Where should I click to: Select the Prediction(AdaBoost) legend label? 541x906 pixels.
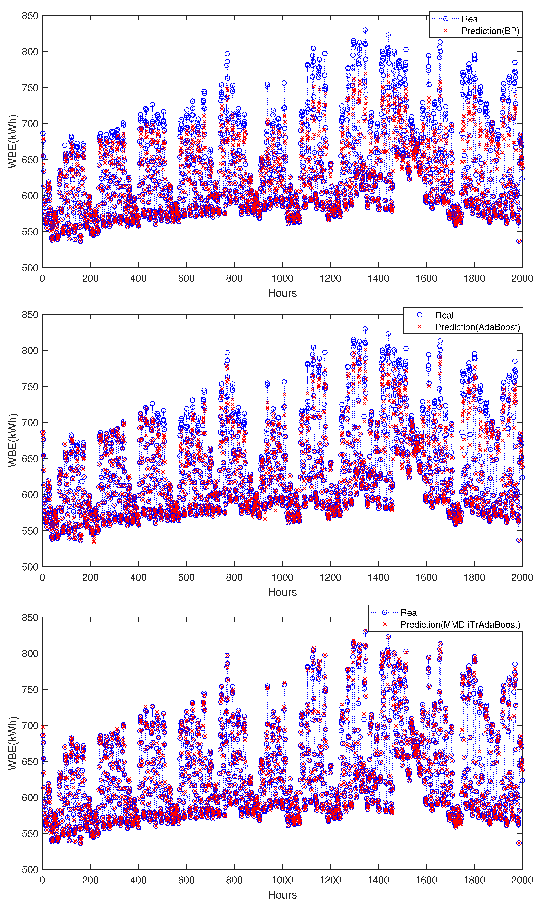pyautogui.click(x=478, y=327)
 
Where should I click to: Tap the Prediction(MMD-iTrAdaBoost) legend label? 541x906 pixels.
pyautogui.click(x=460, y=624)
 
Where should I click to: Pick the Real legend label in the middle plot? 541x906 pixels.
pyautogui.click(x=444, y=315)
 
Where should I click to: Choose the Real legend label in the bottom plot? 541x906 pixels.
pyautogui.click(x=409, y=612)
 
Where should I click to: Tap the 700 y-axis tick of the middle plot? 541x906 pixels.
pyautogui.click(x=30, y=423)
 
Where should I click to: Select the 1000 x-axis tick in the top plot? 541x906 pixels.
pyautogui.click(x=282, y=278)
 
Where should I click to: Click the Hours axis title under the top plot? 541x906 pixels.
pyautogui.click(x=282, y=293)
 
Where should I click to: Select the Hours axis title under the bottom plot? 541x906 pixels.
pyautogui.click(x=282, y=895)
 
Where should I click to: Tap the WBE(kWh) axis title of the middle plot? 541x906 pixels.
pyautogui.click(x=13, y=440)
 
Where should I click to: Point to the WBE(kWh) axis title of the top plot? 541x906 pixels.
pyautogui.click(x=13, y=142)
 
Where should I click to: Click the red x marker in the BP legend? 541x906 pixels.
pyautogui.click(x=446, y=31)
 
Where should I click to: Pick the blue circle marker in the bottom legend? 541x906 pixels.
pyautogui.click(x=385, y=612)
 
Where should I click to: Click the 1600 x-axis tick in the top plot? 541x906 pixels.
pyautogui.click(x=426, y=278)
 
